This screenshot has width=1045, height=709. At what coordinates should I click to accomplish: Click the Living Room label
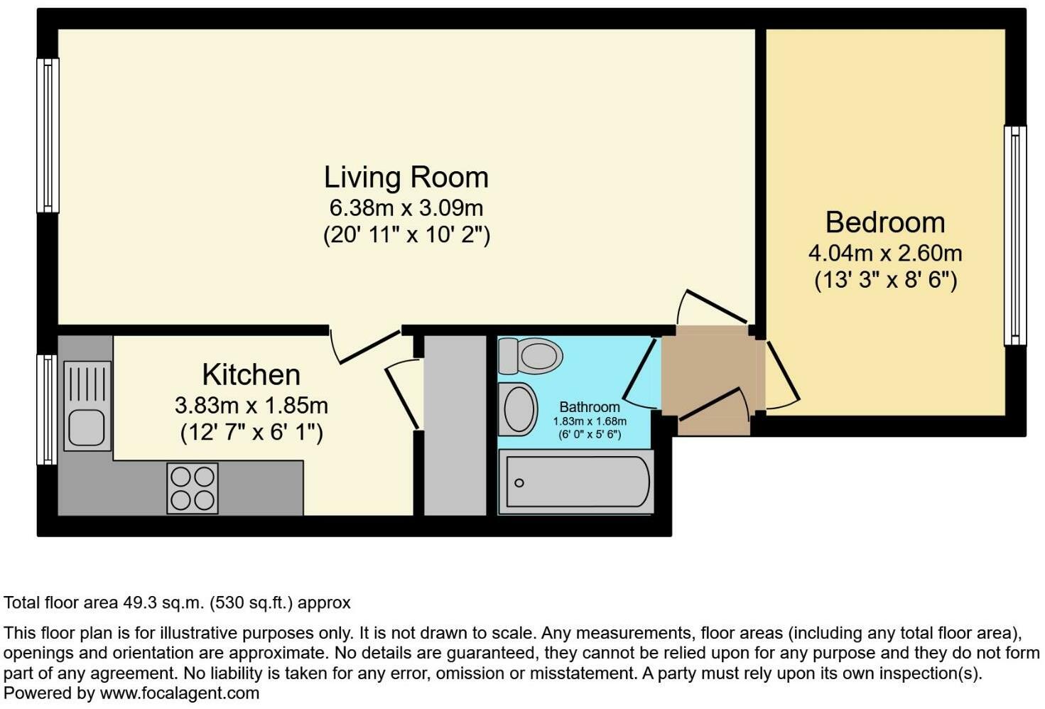[406, 178]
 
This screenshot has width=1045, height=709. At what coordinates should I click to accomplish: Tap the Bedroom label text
[885, 222]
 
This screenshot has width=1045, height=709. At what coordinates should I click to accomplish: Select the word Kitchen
[251, 374]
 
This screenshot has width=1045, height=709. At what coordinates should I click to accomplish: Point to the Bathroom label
[590, 407]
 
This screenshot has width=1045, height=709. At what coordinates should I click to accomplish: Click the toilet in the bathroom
[531, 356]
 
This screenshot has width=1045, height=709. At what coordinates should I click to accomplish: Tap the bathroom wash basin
[518, 409]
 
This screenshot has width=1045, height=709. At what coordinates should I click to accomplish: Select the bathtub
[576, 482]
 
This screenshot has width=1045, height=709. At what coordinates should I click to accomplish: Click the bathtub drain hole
[519, 483]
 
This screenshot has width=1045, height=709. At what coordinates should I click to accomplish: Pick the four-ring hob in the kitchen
[193, 488]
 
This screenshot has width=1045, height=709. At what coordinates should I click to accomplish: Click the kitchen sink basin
[87, 427]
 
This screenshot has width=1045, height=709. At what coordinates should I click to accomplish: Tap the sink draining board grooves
[87, 383]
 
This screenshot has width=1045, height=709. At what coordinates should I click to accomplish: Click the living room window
[48, 135]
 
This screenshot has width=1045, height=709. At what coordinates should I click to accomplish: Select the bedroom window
[1015, 236]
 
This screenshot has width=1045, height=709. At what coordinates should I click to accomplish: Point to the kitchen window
[47, 409]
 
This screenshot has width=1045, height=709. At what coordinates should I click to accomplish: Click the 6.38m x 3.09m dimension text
[406, 207]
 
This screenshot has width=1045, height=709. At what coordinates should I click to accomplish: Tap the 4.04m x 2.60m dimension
[885, 254]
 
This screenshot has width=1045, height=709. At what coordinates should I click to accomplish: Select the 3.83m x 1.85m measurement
[251, 406]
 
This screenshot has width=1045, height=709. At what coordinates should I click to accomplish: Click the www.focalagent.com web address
[180, 693]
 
